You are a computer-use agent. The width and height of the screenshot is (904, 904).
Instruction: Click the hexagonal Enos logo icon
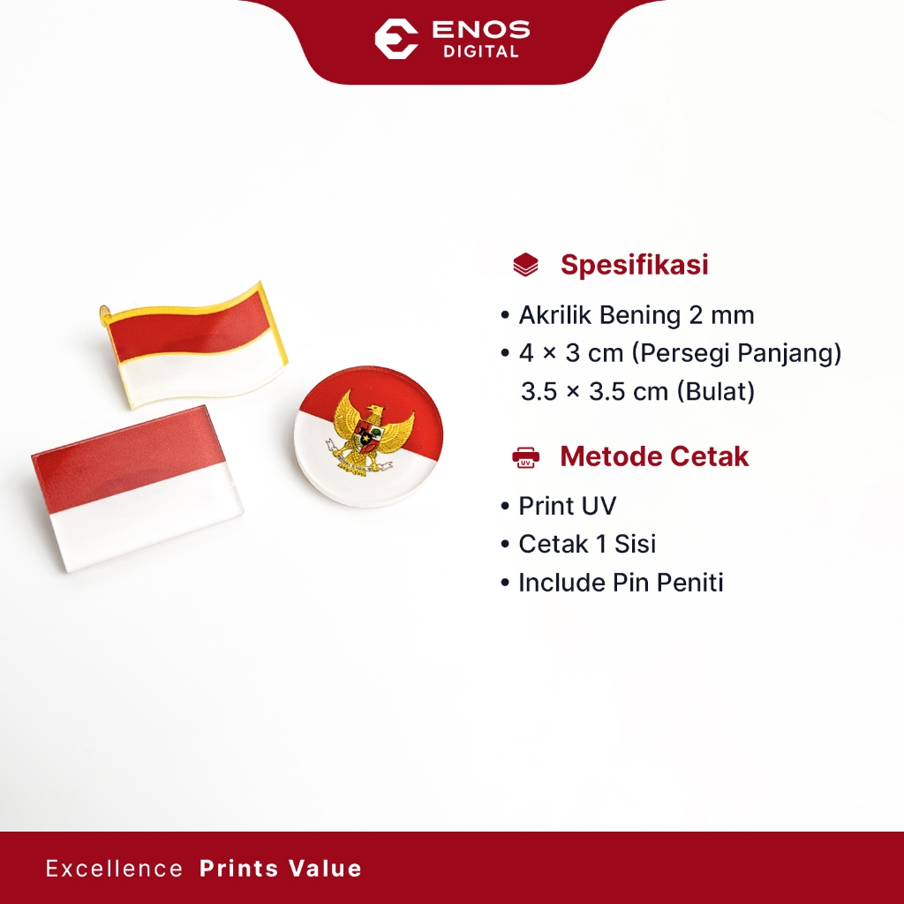pos(396,39)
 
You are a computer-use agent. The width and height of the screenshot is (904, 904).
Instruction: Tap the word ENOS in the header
pos(481,29)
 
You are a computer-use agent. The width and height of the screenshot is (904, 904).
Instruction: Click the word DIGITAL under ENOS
pos(481,52)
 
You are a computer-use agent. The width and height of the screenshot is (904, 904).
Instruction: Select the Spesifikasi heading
pos(634,265)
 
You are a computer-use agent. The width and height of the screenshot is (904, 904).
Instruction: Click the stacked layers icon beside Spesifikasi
pos(525,265)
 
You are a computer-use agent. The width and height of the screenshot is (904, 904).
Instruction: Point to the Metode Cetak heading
pos(654,456)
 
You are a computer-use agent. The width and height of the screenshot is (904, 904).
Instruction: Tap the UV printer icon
pos(525,457)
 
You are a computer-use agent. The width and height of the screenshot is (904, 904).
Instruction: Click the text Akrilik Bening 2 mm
pos(637,315)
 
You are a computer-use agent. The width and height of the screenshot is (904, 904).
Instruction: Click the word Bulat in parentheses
pos(715,391)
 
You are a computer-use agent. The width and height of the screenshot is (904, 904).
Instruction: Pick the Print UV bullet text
pos(568,506)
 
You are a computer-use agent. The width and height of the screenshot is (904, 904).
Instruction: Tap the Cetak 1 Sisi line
pos(587,544)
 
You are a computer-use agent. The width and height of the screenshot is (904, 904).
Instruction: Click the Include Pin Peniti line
pos(621,583)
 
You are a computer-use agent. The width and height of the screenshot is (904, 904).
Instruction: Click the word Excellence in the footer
pos(114,869)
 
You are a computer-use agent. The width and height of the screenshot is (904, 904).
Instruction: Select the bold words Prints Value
pos(280,869)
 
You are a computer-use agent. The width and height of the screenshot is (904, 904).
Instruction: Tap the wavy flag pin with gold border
pos(195,345)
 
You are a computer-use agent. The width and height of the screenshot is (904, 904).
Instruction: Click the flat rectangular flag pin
pos(137,487)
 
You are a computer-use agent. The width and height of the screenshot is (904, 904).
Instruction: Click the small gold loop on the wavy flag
pos(104,313)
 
